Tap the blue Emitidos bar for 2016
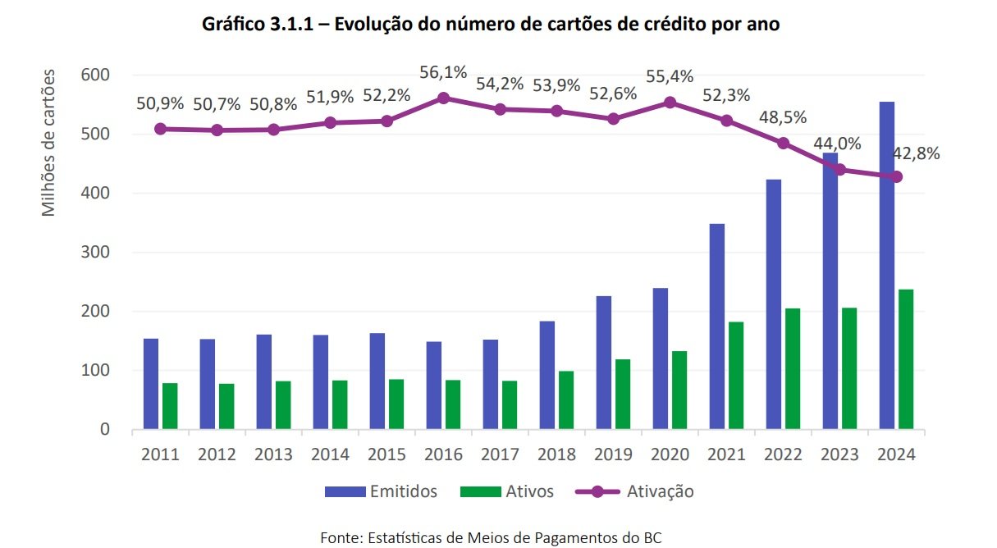click(433, 386)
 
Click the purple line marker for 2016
click(443, 98)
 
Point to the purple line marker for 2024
click(897, 176)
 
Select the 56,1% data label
click(443, 72)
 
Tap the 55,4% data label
click(669, 76)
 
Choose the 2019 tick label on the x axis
click(613, 454)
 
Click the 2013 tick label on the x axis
click(273, 454)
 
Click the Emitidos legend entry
click(381, 491)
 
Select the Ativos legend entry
click(506, 491)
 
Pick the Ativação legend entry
click(635, 491)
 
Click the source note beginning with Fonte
click(490, 537)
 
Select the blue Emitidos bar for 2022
click(774, 304)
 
